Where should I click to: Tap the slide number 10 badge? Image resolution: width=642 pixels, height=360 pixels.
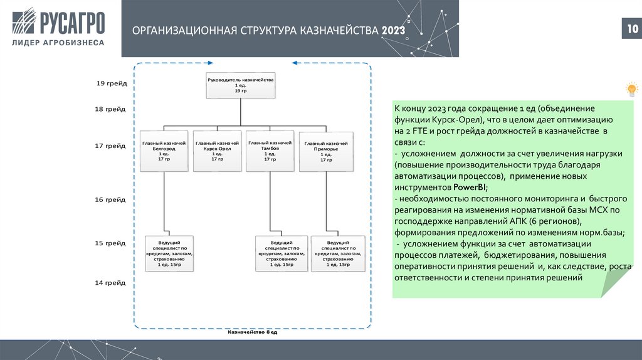point(629,29)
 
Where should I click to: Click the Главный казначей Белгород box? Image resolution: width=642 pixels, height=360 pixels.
point(164,151)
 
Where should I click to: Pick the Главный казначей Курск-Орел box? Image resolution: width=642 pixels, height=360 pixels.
point(218,151)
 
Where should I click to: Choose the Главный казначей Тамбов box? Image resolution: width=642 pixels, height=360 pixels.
point(270,151)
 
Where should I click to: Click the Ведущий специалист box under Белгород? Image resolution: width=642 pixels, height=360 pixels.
point(169,253)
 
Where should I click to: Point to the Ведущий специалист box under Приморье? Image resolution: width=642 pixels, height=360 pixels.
point(338,253)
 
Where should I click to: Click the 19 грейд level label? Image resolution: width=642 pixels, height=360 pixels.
point(111,83)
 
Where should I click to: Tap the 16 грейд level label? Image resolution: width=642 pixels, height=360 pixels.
point(111,199)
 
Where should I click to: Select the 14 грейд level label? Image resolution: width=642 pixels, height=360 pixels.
point(111,283)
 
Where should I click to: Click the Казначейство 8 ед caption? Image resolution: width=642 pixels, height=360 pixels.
point(252,332)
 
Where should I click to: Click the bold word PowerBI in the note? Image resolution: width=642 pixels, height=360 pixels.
point(469,188)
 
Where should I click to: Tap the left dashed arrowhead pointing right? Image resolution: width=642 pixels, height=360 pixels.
point(211,63)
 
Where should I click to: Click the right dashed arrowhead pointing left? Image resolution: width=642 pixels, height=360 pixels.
point(295,63)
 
